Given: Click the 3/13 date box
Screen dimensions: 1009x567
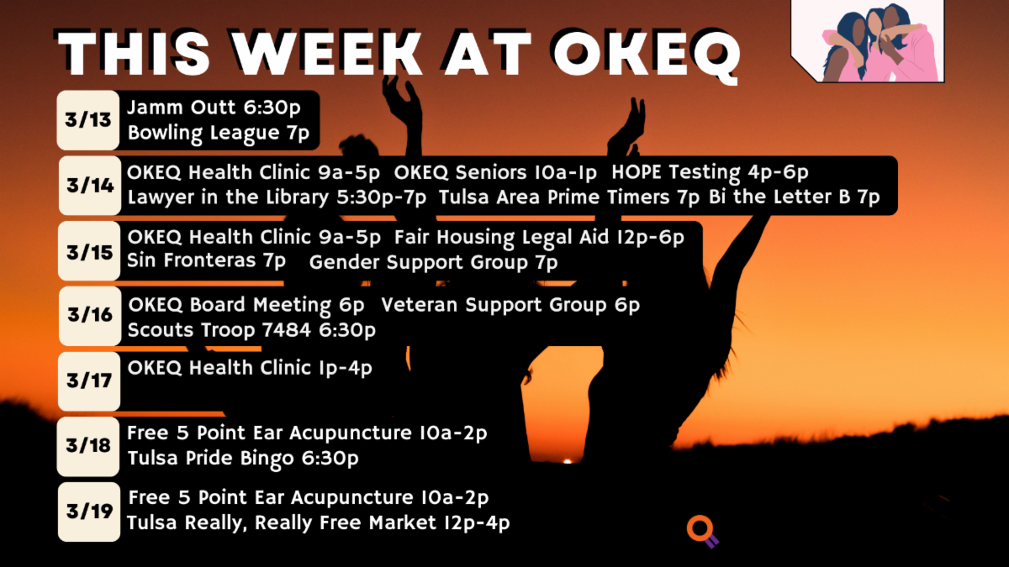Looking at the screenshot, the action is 88,120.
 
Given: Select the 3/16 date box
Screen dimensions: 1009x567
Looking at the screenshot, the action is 90,316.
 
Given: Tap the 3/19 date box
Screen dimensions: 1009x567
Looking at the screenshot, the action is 89,512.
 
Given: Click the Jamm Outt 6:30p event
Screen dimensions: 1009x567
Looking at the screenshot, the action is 214,108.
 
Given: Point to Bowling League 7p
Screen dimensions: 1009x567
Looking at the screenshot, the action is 219,134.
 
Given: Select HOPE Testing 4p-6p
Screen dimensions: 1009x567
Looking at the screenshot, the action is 710,173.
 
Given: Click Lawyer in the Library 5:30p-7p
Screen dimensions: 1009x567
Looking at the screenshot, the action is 277,198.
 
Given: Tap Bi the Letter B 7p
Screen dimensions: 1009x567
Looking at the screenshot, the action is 794,197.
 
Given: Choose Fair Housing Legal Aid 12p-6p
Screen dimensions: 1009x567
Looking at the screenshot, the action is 539,238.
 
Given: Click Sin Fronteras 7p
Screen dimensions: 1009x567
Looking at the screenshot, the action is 206,261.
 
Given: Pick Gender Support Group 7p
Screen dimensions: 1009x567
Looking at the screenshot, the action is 433,263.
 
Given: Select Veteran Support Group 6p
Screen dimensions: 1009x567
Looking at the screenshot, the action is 510,306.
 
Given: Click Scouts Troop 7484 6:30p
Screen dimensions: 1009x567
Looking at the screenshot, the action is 251,331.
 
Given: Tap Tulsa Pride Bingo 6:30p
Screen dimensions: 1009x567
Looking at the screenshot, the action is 243,459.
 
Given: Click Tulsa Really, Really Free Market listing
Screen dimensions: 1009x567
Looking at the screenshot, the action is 319,523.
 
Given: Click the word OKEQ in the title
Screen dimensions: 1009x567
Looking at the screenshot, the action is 647,55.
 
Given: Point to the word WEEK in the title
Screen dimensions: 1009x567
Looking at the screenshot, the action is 328,53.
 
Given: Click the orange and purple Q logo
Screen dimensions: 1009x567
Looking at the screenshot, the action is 702,532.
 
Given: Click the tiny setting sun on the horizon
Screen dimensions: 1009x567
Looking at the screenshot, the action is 568,461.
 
